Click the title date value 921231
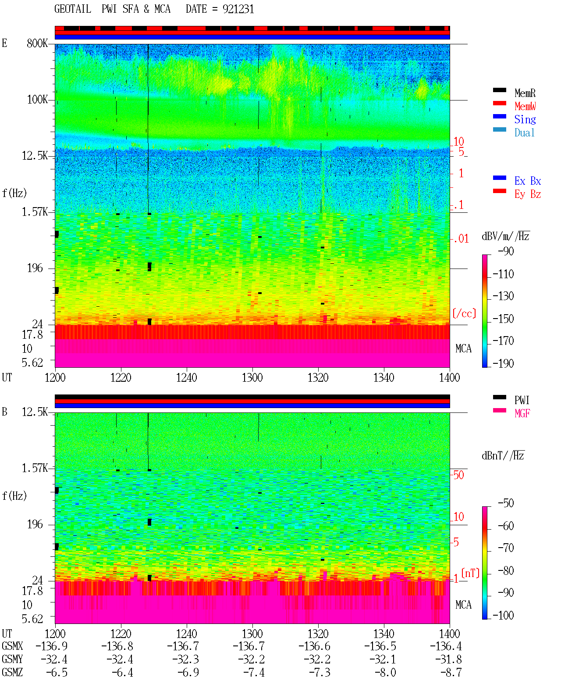click(238, 9)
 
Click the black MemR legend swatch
click(499, 90)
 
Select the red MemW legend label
click(525, 106)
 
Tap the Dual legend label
click(524, 133)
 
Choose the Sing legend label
click(525, 119)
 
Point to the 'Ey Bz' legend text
click(528, 194)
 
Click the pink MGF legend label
click(522, 413)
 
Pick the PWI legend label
click(522, 400)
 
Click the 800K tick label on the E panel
click(37, 43)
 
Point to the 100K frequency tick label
click(37, 100)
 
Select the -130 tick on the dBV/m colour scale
click(503, 296)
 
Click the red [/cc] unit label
click(464, 313)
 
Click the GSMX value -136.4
click(446, 646)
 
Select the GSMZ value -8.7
click(451, 672)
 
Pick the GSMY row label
click(12, 659)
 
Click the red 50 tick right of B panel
click(458, 475)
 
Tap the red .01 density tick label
click(461, 239)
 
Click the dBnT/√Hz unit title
click(503, 455)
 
